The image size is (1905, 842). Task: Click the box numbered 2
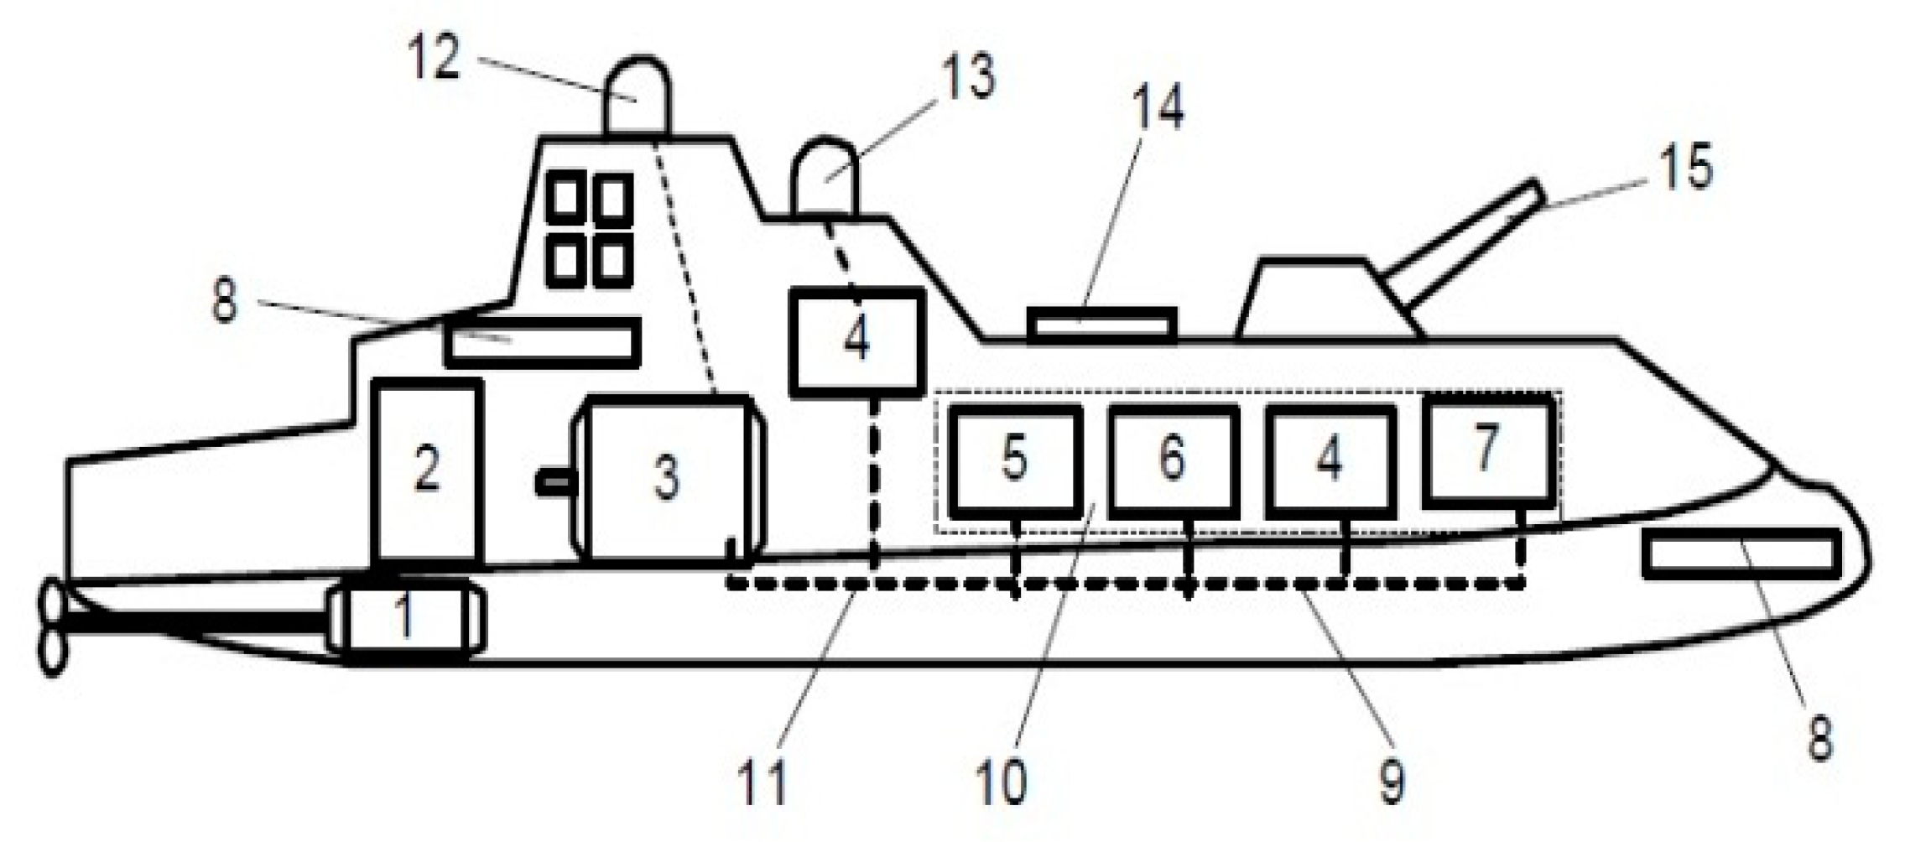point(428,470)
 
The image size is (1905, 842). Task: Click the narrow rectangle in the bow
point(1741,554)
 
